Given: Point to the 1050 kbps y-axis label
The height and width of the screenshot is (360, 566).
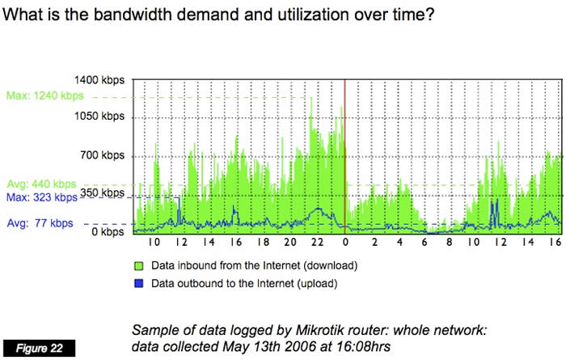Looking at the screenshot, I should pyautogui.click(x=101, y=116).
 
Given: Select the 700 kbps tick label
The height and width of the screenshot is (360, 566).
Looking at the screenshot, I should pyautogui.click(x=104, y=155).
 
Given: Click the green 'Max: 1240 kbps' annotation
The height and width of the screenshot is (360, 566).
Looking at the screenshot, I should pyautogui.click(x=44, y=96).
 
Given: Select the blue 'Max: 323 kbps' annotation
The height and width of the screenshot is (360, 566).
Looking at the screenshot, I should pyautogui.click(x=41, y=197).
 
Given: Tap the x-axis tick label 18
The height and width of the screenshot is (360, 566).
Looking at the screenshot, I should pyautogui.click(x=263, y=242).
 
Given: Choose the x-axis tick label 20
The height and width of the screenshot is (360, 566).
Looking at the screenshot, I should pyautogui.click(x=290, y=242).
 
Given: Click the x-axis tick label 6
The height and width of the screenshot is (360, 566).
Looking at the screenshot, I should pyautogui.click(x=427, y=242).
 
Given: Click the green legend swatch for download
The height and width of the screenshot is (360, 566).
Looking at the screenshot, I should pyautogui.click(x=138, y=265).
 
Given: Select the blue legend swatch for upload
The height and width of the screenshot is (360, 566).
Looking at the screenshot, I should pyautogui.click(x=138, y=283).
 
